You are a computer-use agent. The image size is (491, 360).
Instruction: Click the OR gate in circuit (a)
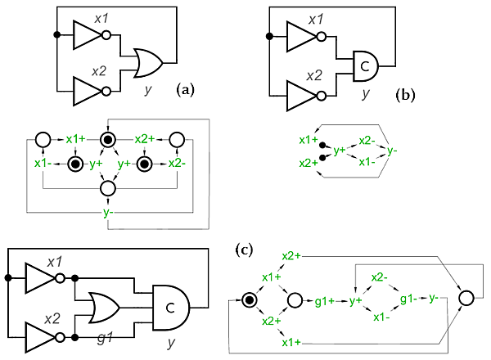click(x=148, y=63)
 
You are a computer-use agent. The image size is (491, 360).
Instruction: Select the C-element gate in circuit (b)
click(x=366, y=66)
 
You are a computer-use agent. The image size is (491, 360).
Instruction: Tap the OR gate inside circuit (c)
click(x=104, y=308)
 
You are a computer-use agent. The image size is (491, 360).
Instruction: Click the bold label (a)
click(x=186, y=90)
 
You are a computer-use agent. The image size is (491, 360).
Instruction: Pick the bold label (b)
click(x=405, y=95)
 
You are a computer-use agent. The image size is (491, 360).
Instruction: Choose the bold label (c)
click(x=244, y=250)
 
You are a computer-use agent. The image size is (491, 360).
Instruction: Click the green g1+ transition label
click(x=324, y=301)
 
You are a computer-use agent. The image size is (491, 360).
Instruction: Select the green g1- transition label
click(x=408, y=299)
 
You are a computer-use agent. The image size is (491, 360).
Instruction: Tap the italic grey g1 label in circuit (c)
click(x=105, y=338)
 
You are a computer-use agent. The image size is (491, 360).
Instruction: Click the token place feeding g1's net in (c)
click(x=250, y=300)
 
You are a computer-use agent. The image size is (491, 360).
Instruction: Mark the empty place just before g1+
click(x=295, y=300)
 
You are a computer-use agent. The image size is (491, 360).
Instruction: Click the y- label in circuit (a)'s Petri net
click(x=108, y=213)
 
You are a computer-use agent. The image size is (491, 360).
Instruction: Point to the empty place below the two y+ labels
click(x=108, y=188)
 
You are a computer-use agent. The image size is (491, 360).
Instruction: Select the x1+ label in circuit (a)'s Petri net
click(x=75, y=139)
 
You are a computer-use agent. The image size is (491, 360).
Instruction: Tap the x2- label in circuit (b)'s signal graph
click(x=367, y=141)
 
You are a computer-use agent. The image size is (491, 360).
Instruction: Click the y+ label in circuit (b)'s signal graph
click(x=340, y=151)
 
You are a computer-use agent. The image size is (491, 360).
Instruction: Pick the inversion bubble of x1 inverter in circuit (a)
click(x=106, y=35)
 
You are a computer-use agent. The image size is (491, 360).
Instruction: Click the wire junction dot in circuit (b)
click(x=269, y=36)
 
